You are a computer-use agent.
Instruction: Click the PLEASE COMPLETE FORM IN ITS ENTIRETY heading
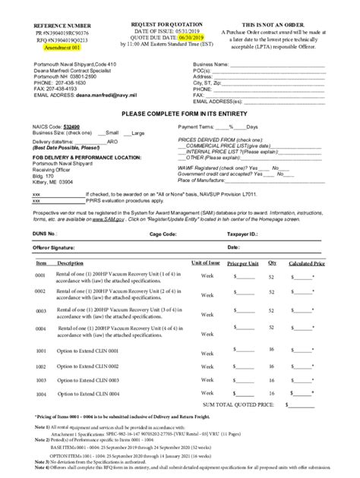179,112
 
